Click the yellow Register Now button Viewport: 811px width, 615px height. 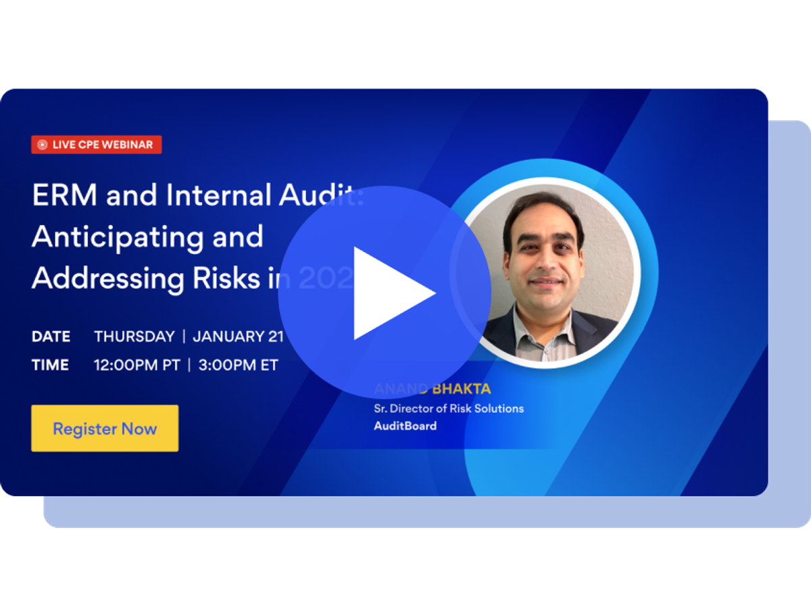pos(105,428)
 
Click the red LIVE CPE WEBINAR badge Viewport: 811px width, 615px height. pos(97,145)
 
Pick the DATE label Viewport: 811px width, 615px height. pos(51,337)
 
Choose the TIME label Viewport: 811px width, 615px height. pos(50,365)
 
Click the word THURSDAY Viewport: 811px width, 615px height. pos(134,337)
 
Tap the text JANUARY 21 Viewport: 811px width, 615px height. pos(238,337)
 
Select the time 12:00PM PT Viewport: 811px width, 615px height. pos(137,365)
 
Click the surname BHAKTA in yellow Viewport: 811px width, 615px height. pos(463,389)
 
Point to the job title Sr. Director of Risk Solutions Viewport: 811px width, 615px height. pos(449,408)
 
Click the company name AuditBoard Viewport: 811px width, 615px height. pos(405,426)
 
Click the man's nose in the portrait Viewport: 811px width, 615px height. pos(545,260)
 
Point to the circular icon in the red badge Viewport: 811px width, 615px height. pos(42,145)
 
